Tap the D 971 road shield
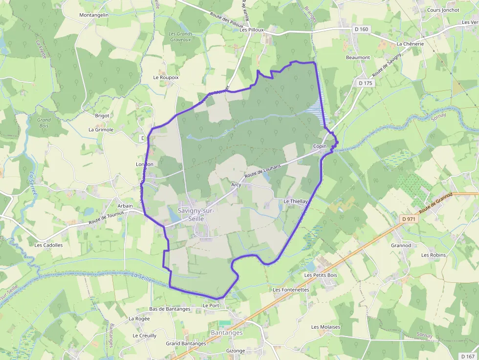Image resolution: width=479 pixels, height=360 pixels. [409, 219]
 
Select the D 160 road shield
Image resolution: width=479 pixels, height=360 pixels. [361, 29]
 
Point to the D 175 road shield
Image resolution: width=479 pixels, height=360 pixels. [365, 84]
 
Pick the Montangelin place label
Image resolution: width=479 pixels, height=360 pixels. [94, 15]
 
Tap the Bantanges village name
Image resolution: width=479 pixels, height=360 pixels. [226, 333]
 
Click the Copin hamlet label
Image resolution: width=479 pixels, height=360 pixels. [320, 147]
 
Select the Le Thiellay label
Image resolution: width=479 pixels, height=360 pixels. [296, 201]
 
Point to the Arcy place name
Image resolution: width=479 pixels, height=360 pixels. [236, 185]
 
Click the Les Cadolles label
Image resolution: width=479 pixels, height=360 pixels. [49, 245]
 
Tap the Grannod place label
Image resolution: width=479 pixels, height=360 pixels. [401, 246]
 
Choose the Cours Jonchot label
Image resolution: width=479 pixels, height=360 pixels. [443, 10]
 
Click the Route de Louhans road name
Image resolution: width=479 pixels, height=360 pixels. [263, 171]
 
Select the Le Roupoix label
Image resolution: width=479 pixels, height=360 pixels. [166, 77]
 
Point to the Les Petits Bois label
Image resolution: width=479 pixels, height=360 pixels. [321, 275]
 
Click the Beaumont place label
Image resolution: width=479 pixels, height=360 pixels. [358, 58]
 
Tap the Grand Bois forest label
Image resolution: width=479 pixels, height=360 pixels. [44, 123]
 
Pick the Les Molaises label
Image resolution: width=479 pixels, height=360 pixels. [326, 327]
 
